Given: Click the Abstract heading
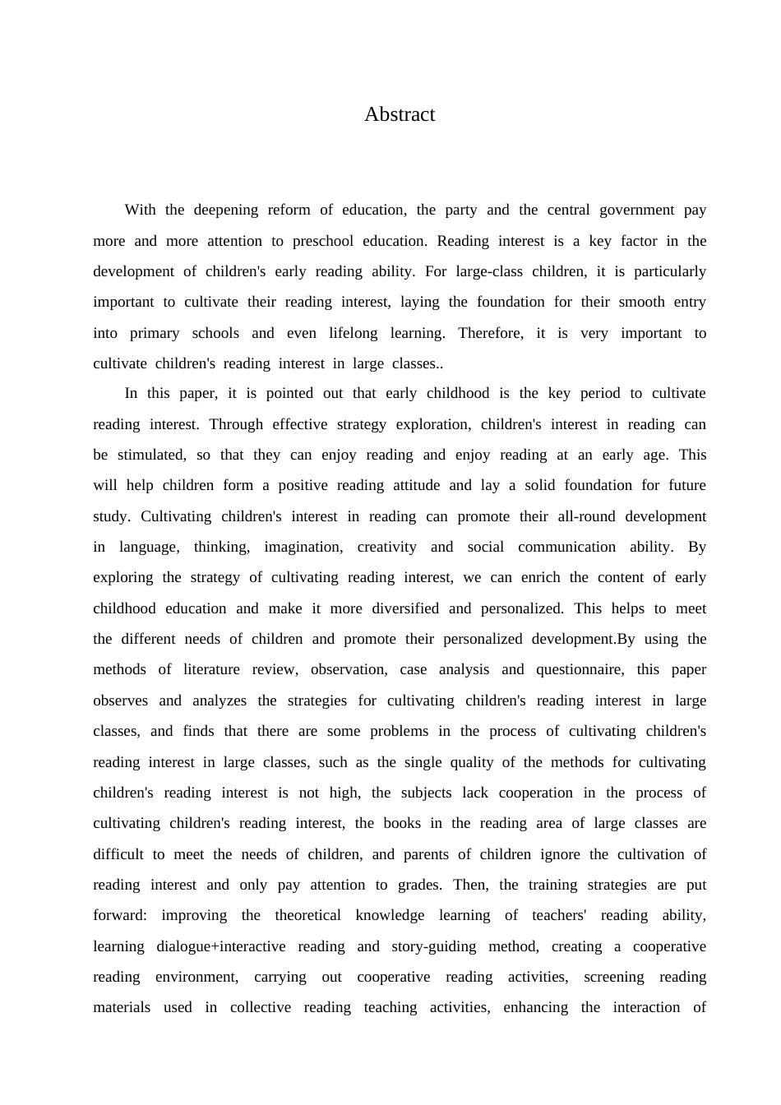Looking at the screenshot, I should (400, 114).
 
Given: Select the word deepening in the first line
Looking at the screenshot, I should (225, 210).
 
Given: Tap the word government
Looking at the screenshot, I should (636, 210).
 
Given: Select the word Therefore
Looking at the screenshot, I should (491, 333).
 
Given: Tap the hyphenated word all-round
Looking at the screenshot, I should (585, 516).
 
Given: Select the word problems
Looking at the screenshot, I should (399, 731).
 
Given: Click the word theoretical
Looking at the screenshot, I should (307, 915).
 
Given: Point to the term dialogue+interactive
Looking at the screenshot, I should (221, 946).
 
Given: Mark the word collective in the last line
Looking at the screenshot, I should (260, 1007).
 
